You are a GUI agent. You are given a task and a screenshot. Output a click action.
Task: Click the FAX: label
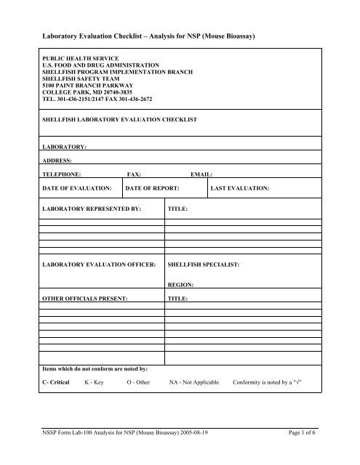(134, 175)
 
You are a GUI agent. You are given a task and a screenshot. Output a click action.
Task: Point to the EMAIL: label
(200, 175)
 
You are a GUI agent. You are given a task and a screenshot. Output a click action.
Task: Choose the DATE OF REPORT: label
(153, 188)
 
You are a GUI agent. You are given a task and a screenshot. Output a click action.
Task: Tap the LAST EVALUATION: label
(239, 188)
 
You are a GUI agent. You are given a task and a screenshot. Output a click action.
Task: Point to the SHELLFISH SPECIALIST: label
(209, 264)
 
